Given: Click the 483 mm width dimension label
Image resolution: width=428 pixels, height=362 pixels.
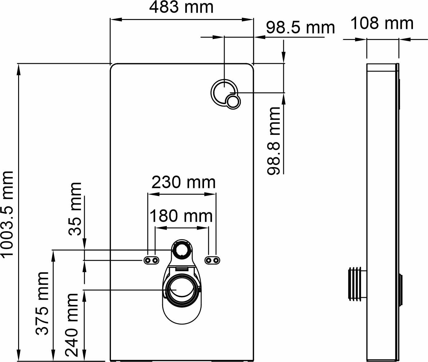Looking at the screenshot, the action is click(x=181, y=8).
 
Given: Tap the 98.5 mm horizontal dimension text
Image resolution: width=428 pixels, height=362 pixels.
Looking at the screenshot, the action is click(x=300, y=28).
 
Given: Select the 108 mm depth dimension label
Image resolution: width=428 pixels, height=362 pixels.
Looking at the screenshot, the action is click(x=382, y=23).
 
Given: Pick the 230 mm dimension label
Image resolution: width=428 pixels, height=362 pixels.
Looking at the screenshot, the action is click(x=183, y=182).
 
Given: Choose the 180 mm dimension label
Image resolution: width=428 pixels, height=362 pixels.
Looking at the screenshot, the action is click(x=181, y=216).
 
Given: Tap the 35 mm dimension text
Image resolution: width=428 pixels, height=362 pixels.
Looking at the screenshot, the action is click(x=75, y=209).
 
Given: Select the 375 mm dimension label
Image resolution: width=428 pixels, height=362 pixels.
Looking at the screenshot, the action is click(x=42, y=303).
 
